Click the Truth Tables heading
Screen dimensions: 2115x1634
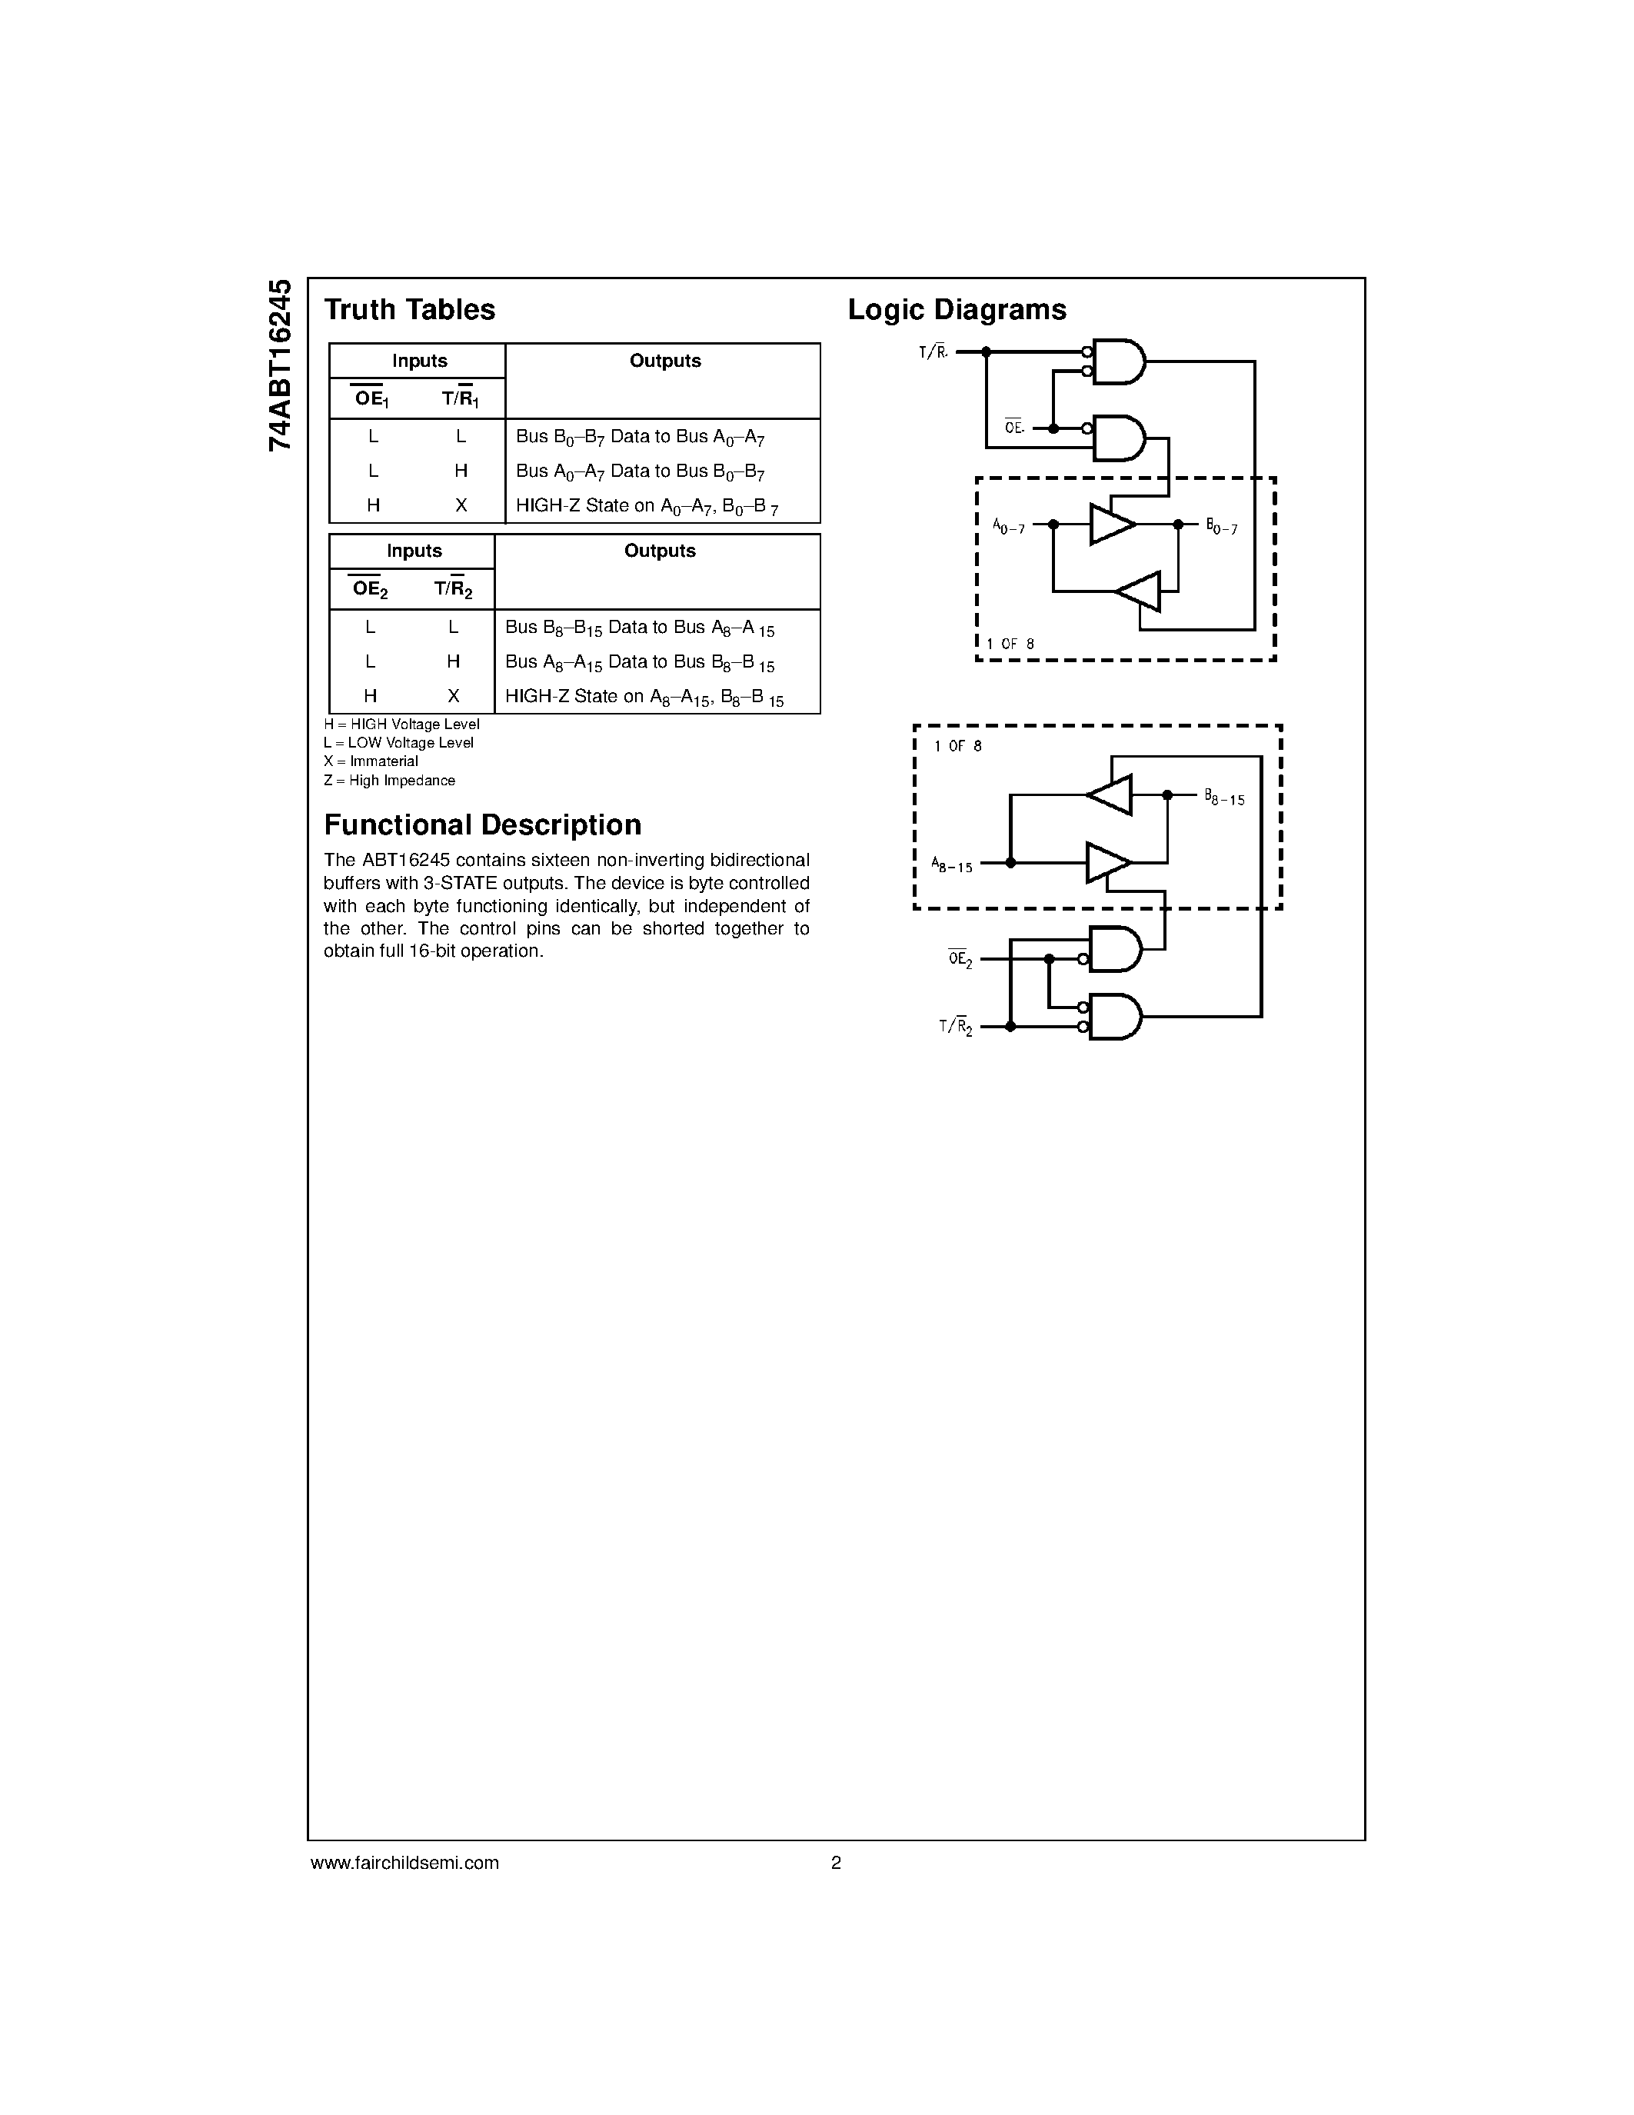point(410,310)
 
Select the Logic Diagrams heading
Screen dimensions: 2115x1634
point(957,310)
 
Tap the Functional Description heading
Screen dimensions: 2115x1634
point(482,825)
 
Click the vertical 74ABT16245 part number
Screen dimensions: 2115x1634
point(280,365)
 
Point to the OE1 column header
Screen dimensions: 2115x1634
point(371,398)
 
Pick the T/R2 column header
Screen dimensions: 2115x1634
point(453,589)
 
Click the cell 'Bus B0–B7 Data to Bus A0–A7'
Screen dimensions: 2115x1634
point(640,437)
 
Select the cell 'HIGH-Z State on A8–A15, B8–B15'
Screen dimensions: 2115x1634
point(644,696)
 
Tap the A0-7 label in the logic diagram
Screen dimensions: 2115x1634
point(1008,526)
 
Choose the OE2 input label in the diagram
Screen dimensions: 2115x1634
point(960,960)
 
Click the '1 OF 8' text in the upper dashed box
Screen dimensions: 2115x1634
point(1010,644)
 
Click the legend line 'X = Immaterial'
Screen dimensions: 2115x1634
point(371,761)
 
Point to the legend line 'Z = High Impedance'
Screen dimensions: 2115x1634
point(389,781)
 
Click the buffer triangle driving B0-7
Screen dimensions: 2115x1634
point(1111,524)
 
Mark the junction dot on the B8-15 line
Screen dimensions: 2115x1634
point(1167,795)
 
